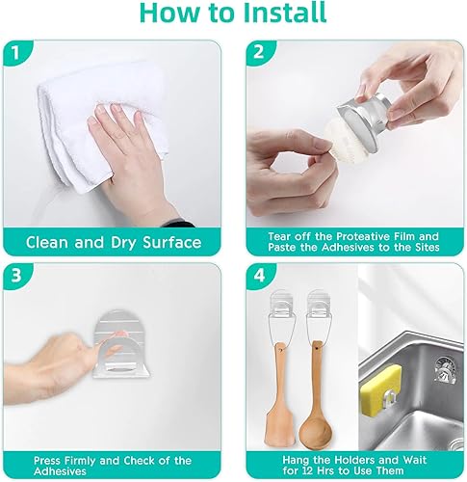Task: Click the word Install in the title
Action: click(x=285, y=13)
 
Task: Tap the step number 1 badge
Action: click(x=15, y=53)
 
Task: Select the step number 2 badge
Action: click(x=259, y=52)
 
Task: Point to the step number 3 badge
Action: click(x=15, y=276)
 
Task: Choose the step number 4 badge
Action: click(x=259, y=276)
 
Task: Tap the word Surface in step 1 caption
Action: click(x=172, y=242)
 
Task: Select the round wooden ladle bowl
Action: click(x=315, y=433)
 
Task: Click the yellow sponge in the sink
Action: click(x=380, y=390)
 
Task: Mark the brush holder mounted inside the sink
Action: click(x=445, y=370)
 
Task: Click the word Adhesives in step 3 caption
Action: click(x=60, y=471)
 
